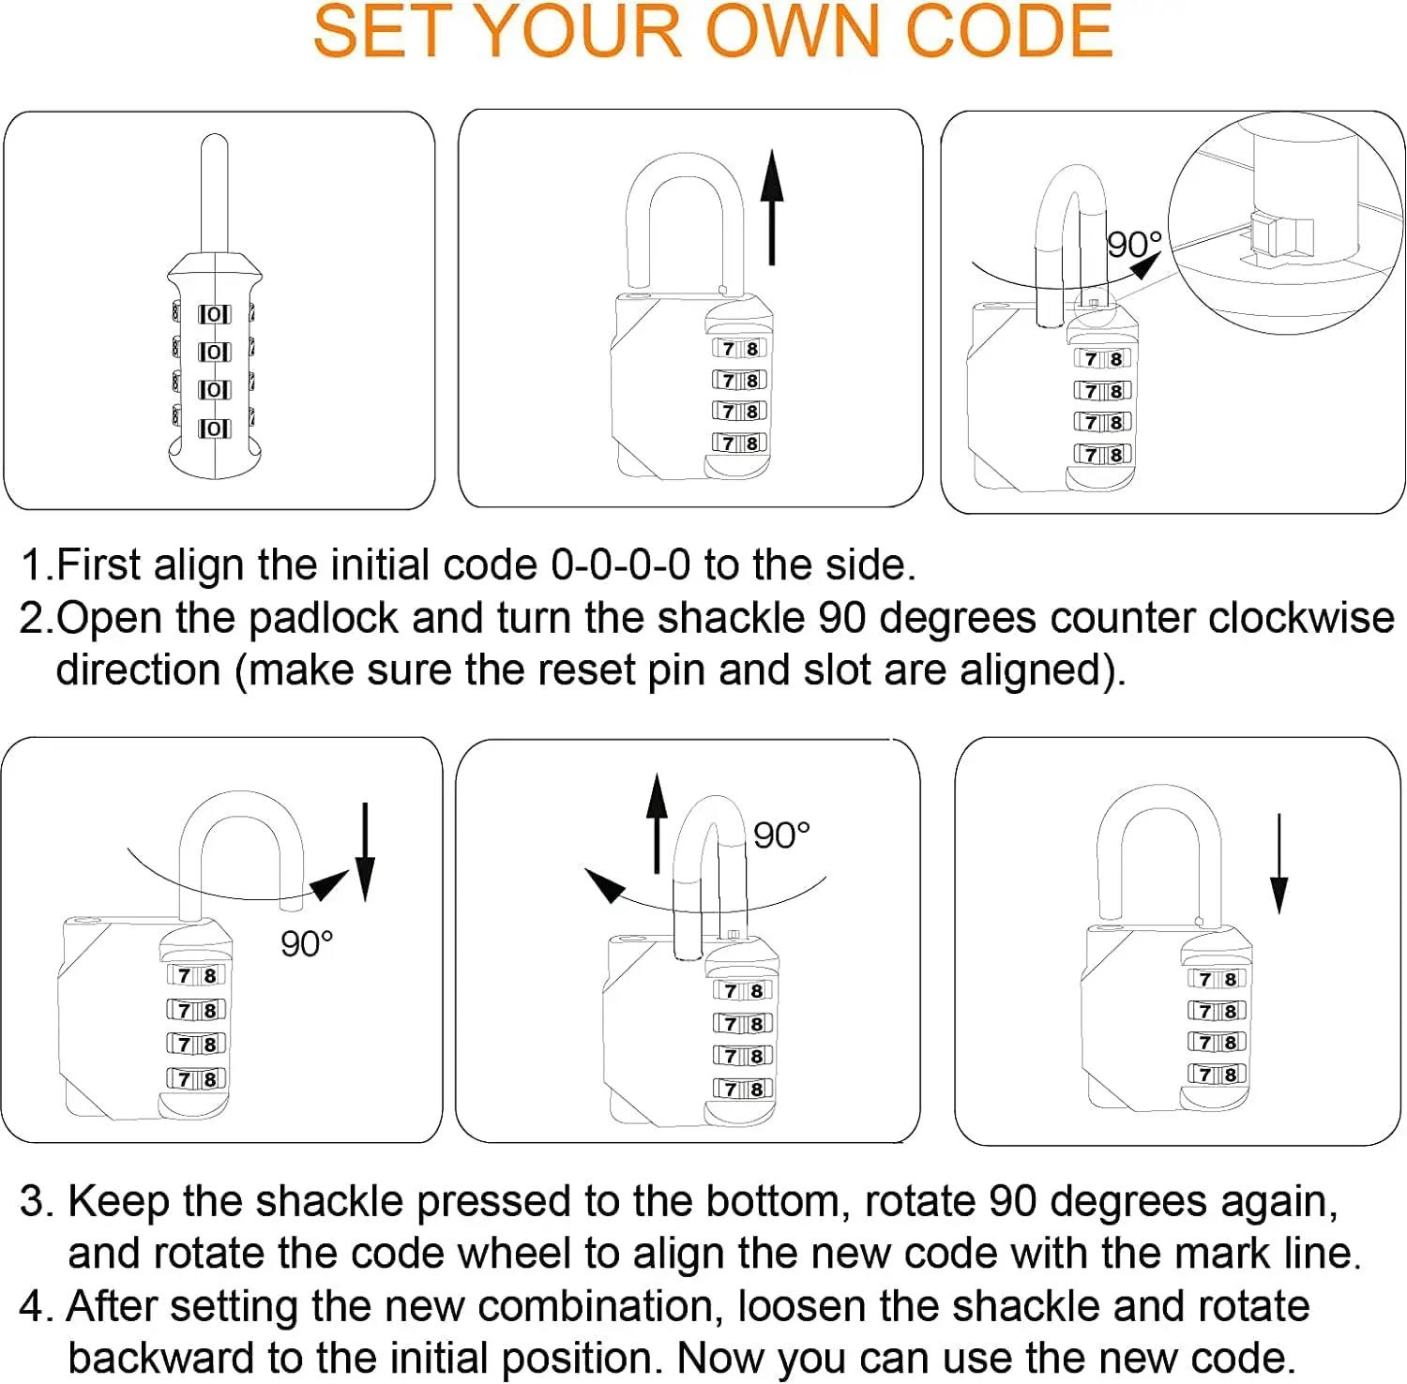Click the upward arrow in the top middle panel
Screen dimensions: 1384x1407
tap(771, 207)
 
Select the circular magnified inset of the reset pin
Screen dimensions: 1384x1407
tap(1285, 223)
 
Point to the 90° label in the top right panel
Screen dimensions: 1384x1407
tap(1134, 245)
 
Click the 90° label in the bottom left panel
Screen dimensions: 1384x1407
tap(307, 943)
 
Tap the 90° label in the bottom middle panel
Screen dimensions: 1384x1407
tap(781, 835)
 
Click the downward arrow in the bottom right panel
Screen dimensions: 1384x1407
tap(1278, 864)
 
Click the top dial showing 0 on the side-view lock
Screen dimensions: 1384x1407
tap(214, 314)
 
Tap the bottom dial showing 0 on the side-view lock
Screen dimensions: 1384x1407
tap(214, 429)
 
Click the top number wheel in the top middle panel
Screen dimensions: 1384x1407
tap(739, 349)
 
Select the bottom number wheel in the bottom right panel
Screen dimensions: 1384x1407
tap(1217, 1074)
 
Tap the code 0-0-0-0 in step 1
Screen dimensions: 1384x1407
tap(620, 565)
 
